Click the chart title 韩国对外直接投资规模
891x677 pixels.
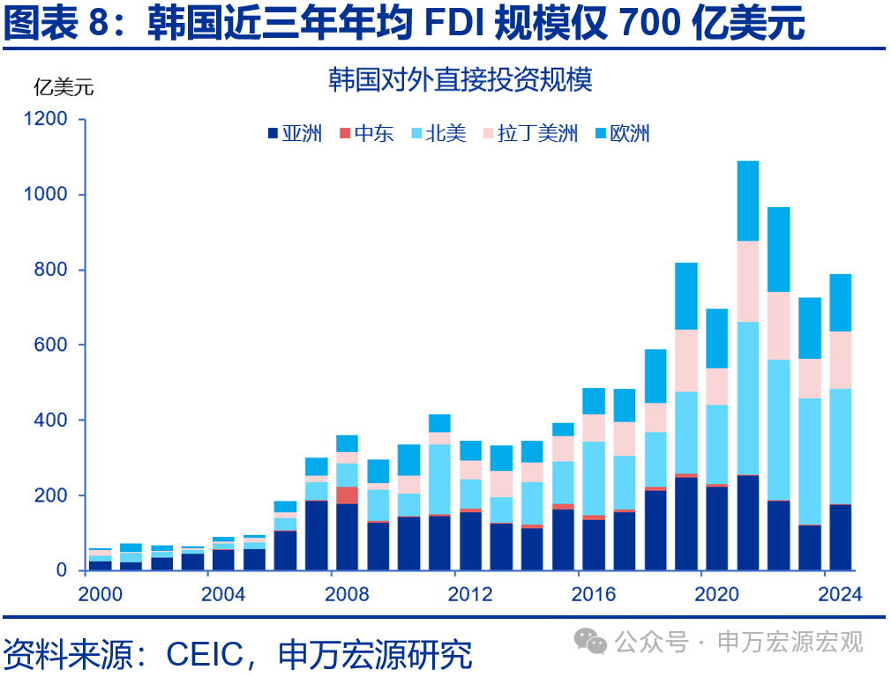click(460, 80)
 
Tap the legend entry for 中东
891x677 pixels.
click(366, 134)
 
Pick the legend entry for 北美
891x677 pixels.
click(438, 134)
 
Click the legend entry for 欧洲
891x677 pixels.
click(622, 134)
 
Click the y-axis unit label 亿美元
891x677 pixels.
click(63, 86)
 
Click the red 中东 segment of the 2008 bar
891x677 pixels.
click(348, 495)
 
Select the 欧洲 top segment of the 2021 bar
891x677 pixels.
click(747, 200)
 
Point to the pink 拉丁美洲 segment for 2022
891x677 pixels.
click(778, 325)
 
